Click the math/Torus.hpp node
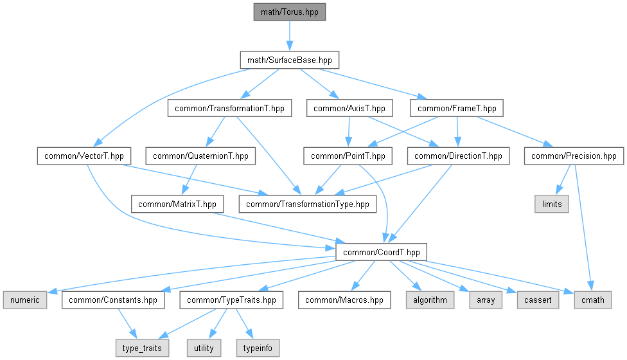(x=290, y=12)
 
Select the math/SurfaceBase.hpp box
(x=290, y=60)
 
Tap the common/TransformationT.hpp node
(x=229, y=109)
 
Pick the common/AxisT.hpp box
(x=349, y=109)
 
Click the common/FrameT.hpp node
(x=457, y=109)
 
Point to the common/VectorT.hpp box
(x=84, y=156)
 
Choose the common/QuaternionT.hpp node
(x=200, y=156)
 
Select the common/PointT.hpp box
(x=348, y=156)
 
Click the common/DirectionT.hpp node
(x=458, y=156)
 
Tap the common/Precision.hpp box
(x=574, y=156)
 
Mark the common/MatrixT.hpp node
(x=177, y=204)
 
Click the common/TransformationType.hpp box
(x=308, y=204)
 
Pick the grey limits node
(x=552, y=204)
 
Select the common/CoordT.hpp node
(x=382, y=253)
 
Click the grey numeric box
(x=25, y=300)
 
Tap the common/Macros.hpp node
(x=344, y=300)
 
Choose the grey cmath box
(x=592, y=300)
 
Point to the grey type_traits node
(x=142, y=348)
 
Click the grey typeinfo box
(x=258, y=348)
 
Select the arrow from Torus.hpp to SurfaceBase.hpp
(x=290, y=36)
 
